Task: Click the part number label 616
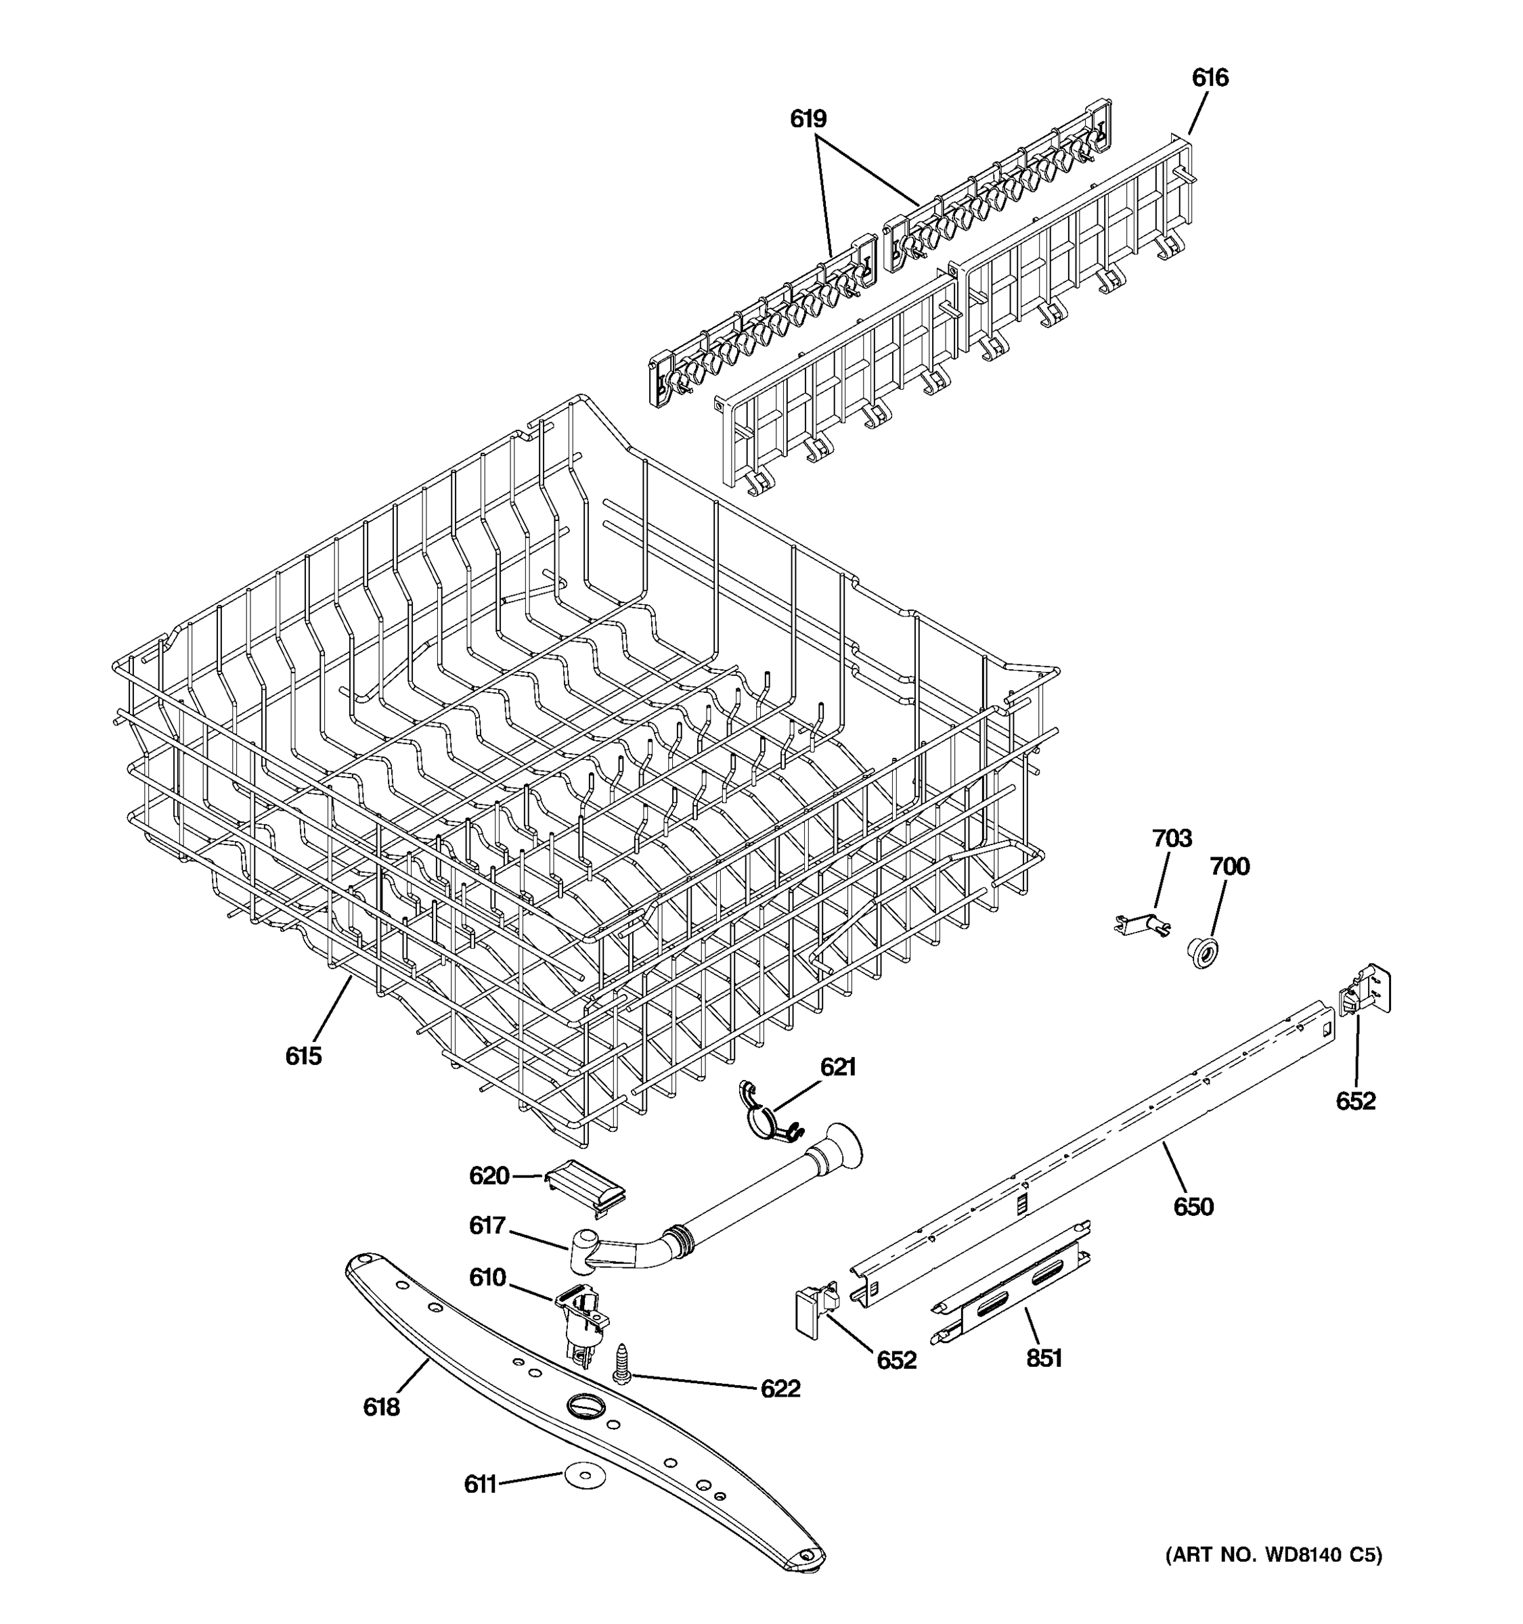coord(1209,78)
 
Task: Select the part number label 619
coord(808,119)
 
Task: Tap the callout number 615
coord(303,1056)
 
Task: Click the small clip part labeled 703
coord(1144,923)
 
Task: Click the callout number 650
coord(1193,1206)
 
